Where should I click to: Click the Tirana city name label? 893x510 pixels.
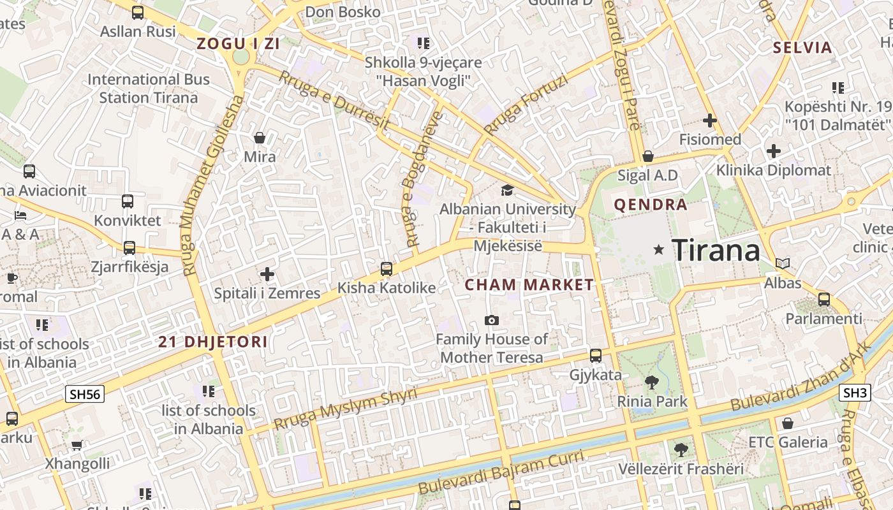[716, 250]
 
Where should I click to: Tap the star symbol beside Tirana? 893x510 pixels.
[659, 250]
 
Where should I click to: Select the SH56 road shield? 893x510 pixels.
[85, 394]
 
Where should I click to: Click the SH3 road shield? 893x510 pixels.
[855, 393]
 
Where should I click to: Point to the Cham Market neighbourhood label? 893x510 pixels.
[529, 285]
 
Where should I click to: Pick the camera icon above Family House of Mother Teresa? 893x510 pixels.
[491, 320]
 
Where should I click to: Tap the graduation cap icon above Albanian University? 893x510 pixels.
[507, 190]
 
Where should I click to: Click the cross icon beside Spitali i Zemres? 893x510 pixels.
[267, 274]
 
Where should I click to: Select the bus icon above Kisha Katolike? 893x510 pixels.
[387, 268]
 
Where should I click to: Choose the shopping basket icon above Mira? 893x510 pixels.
[260, 137]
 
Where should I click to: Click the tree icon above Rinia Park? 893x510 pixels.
[652, 382]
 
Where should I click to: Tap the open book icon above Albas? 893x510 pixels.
[783, 263]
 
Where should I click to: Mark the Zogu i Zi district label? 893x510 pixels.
[239, 44]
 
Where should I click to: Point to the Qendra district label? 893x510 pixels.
[650, 205]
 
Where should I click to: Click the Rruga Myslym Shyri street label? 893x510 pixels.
[345, 409]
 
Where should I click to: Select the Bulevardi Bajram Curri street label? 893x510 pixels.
[501, 472]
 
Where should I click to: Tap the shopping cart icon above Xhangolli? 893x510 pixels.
[77, 445]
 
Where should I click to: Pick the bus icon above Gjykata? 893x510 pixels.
[595, 356]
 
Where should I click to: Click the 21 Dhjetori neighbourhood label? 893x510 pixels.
[213, 342]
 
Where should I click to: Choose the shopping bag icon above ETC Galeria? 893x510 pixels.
[788, 423]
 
